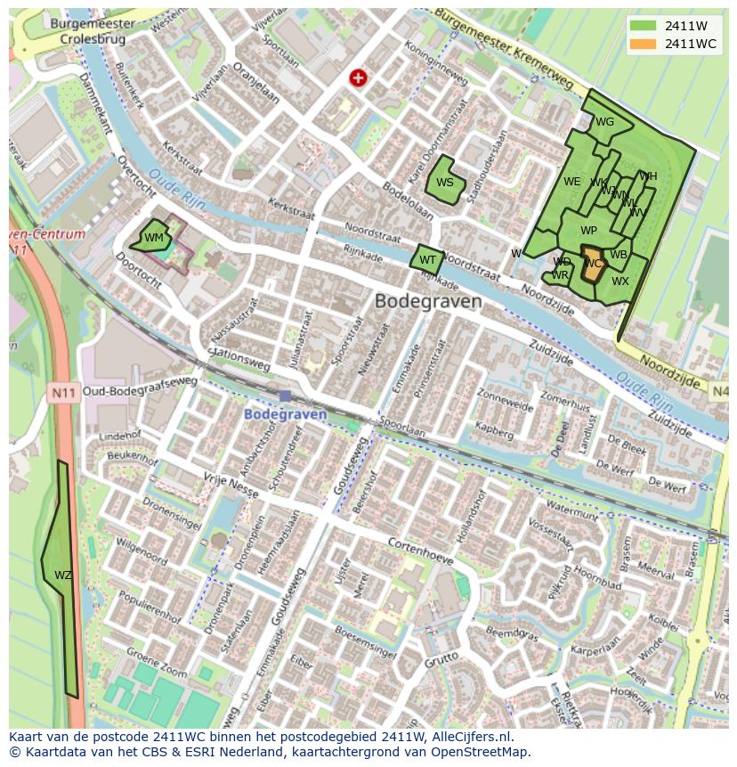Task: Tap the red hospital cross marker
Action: [x=359, y=78]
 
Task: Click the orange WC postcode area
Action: [x=593, y=265]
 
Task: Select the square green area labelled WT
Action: [x=427, y=260]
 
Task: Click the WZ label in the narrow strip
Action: [x=62, y=575]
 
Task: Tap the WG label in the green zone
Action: [x=604, y=122]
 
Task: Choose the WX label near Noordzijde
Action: [x=620, y=282]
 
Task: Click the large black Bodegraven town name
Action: [x=428, y=301]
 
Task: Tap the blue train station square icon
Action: [x=285, y=396]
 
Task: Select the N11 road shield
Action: [x=62, y=391]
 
